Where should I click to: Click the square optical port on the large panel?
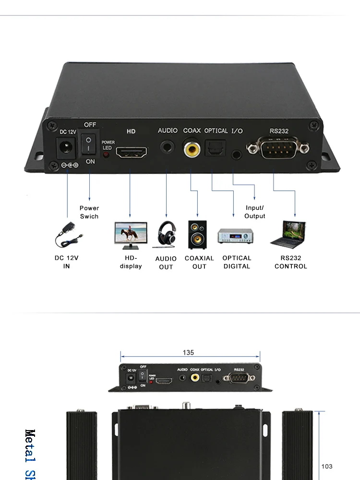[x=212, y=149]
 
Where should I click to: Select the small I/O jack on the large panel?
[x=236, y=155]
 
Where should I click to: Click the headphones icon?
[x=166, y=234]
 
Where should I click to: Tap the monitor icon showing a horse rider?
[x=131, y=235]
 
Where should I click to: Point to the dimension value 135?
[x=188, y=353]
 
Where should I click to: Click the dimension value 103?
[x=326, y=467]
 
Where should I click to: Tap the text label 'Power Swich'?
[x=89, y=212]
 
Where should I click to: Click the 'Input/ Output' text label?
[x=255, y=212]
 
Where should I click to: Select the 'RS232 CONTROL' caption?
[x=291, y=262]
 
